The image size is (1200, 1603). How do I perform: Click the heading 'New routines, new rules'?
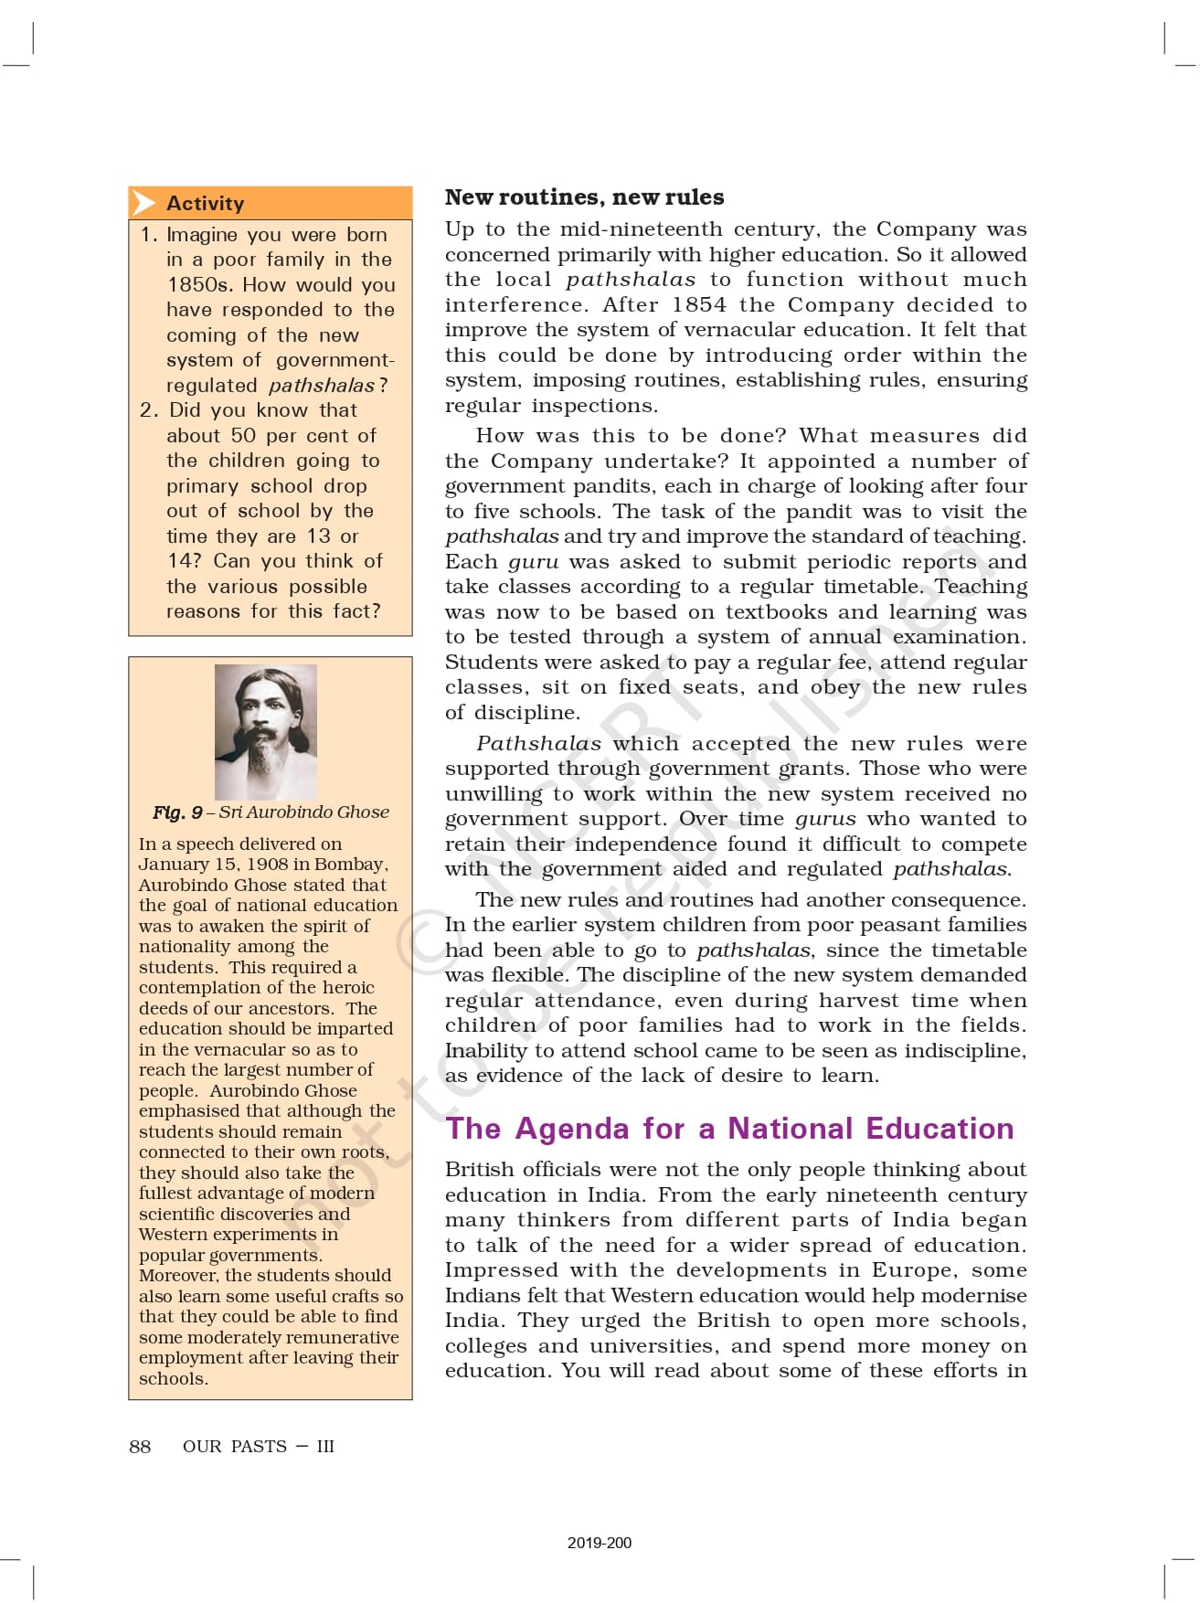(x=584, y=197)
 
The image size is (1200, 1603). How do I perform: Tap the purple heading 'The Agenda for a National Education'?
(x=729, y=1129)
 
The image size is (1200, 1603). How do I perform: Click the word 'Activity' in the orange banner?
(x=206, y=203)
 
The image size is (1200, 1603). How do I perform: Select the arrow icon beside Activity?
(x=143, y=203)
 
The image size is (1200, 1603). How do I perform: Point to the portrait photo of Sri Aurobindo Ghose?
(x=266, y=731)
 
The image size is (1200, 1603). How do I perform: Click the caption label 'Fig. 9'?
(x=177, y=812)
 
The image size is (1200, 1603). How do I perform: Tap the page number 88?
(x=140, y=1446)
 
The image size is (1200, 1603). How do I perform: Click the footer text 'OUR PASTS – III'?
(x=259, y=1446)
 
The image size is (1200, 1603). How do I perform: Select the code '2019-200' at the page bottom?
(x=599, y=1543)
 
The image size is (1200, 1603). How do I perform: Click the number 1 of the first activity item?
(x=148, y=235)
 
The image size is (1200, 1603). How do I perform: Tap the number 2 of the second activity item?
(x=148, y=410)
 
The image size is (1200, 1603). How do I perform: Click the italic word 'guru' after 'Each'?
(x=533, y=562)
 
